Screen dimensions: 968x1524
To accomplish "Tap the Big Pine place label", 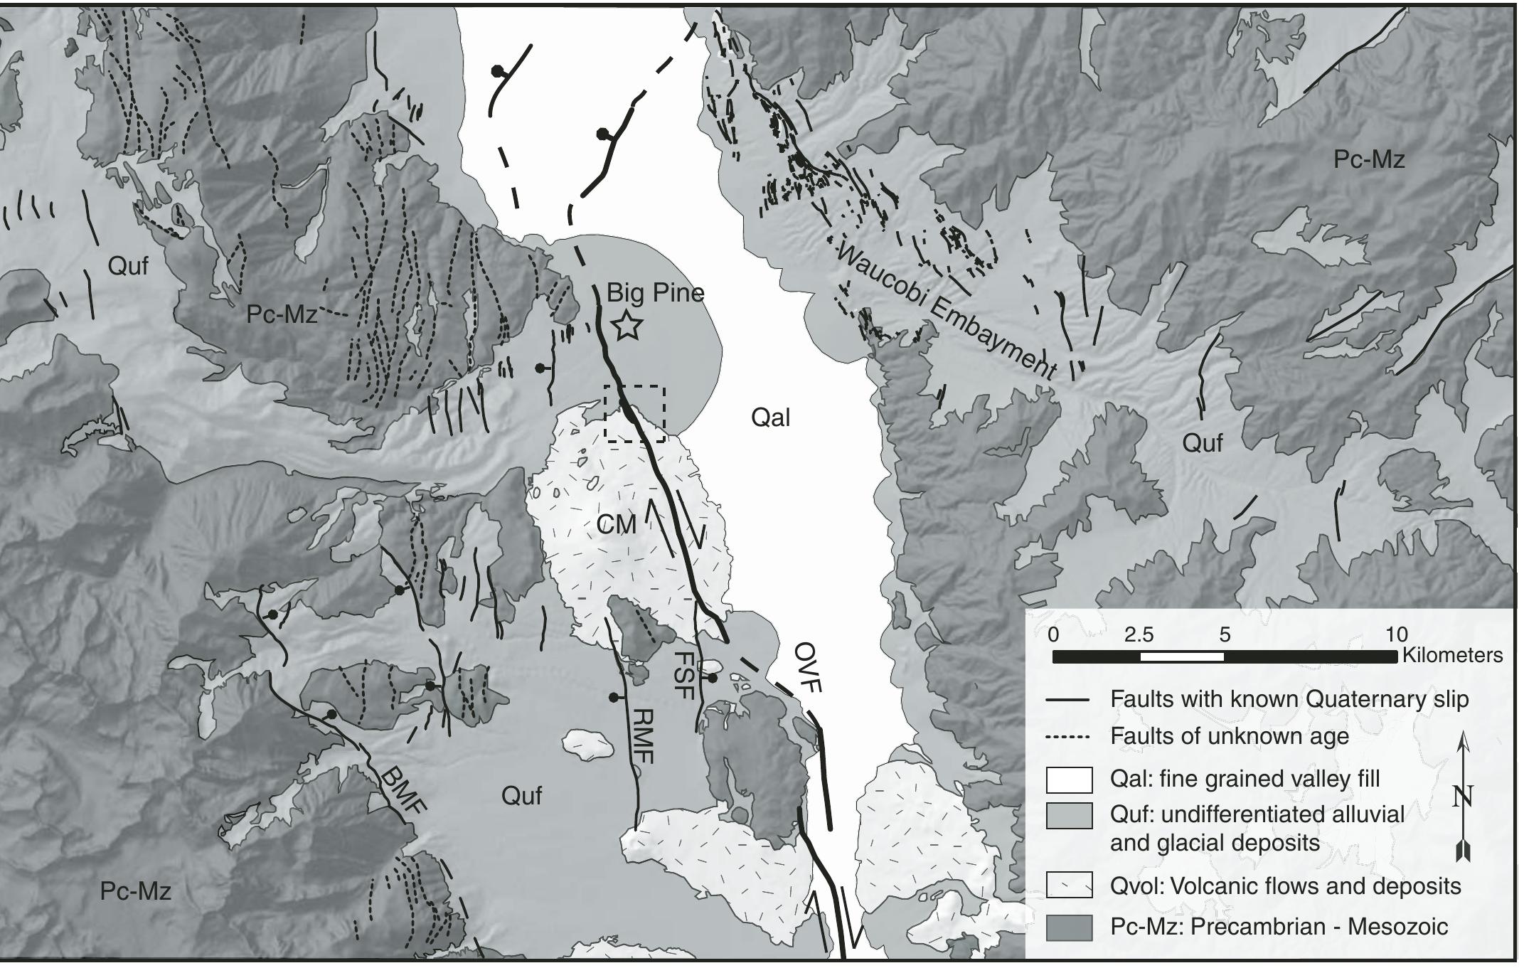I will click(x=655, y=292).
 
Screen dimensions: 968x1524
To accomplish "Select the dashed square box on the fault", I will click(x=634, y=414).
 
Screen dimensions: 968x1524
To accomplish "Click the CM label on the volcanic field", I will click(x=616, y=526).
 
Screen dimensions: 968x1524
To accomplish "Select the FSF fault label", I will click(x=683, y=676).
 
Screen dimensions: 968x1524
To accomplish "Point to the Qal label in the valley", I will click(x=770, y=417).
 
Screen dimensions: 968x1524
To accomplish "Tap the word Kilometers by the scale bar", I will click(x=1452, y=655).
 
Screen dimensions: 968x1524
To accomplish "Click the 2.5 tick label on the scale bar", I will click(x=1139, y=634).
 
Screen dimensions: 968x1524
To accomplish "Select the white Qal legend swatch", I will click(x=1069, y=780).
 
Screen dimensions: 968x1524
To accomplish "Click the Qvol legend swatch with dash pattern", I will click(x=1069, y=885).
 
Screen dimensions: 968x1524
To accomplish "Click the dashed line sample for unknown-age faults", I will click(x=1069, y=737).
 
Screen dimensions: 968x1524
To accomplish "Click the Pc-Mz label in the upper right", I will click(x=1368, y=160).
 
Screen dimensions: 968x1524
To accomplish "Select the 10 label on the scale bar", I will click(x=1396, y=634).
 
